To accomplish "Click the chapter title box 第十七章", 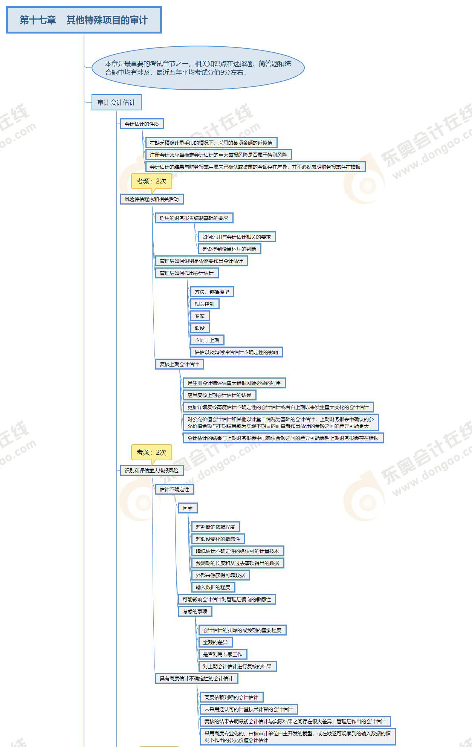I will [84, 20].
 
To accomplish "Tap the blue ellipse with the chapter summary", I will [198, 68].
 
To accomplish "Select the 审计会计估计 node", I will [116, 102].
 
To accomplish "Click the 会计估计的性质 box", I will [142, 124].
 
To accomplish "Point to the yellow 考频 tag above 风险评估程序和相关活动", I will [151, 181].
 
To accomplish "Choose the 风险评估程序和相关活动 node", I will [151, 199].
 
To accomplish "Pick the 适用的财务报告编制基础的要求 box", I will [194, 218].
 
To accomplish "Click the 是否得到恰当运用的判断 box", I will [229, 249].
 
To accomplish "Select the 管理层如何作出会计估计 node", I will [186, 273].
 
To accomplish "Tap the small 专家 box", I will [200, 316].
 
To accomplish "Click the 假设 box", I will [200, 328].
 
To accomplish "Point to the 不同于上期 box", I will [207, 340].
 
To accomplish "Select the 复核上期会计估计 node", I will [179, 364].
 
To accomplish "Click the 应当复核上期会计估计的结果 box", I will [219, 395].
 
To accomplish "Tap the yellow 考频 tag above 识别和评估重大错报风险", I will [151, 452].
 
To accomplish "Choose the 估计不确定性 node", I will [174, 489].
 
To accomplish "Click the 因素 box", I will [188, 508].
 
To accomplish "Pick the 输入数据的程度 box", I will [213, 587].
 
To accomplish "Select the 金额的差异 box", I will [215, 642].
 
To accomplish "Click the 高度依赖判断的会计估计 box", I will [231, 697].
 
